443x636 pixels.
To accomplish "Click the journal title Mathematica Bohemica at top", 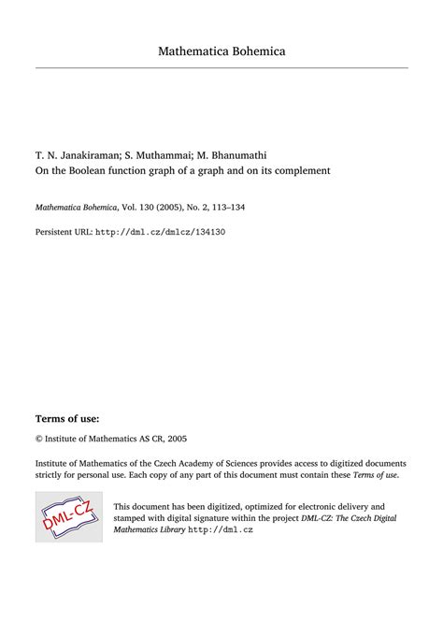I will pyautogui.click(x=221, y=51).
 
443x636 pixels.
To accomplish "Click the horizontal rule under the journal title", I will pyautogui.click(x=221, y=68).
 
